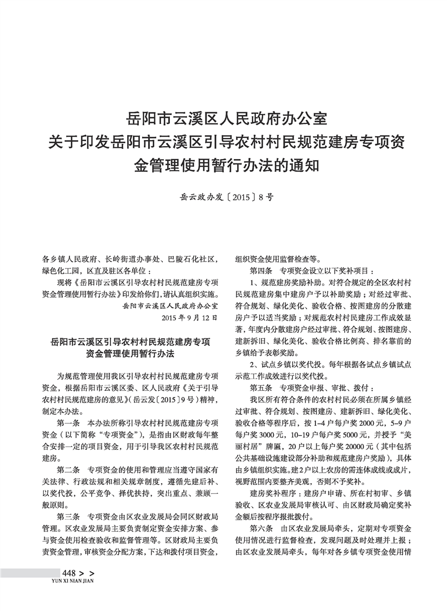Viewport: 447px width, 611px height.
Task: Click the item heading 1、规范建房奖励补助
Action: point(285,282)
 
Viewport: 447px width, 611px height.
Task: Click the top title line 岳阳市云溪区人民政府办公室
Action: point(223,119)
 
